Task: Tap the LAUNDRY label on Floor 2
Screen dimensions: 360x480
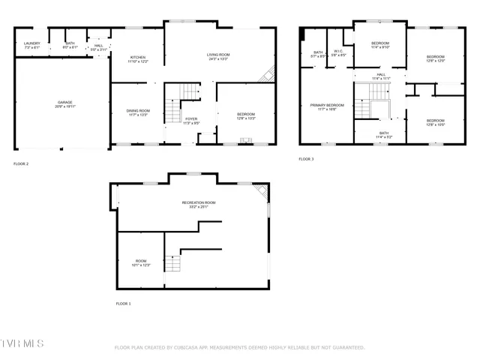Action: tap(31, 43)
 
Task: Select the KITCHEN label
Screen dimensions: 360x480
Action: tap(138, 57)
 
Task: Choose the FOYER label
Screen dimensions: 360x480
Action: tap(192, 118)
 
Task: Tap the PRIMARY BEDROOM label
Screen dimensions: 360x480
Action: tap(327, 105)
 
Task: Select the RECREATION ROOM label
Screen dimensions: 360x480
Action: tap(199, 202)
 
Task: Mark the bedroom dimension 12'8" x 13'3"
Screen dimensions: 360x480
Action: tap(246, 118)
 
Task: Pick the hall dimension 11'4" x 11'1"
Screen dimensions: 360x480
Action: tap(381, 78)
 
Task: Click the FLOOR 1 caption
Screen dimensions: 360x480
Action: tap(123, 304)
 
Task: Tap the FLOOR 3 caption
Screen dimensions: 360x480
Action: tap(306, 159)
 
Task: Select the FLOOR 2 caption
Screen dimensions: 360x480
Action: tap(21, 163)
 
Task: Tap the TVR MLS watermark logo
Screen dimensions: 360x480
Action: tap(22, 343)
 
